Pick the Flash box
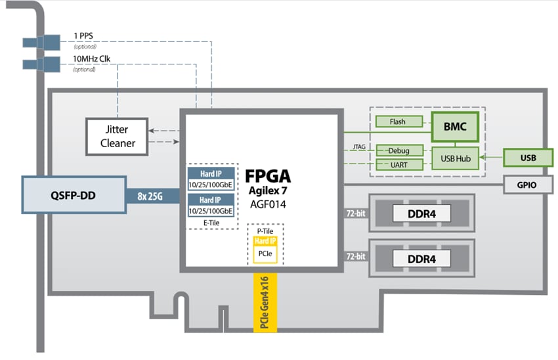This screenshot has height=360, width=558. click(x=398, y=122)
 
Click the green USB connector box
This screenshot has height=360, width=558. click(x=528, y=158)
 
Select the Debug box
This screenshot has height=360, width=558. click(x=398, y=150)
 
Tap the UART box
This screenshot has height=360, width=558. click(x=398, y=164)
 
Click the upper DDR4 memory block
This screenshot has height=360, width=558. click(x=421, y=214)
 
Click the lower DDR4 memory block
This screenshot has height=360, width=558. click(x=421, y=258)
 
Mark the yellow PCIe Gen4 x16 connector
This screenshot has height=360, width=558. click(x=265, y=302)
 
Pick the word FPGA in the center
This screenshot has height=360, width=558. click(x=268, y=176)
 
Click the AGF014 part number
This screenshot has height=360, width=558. click(x=268, y=204)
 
